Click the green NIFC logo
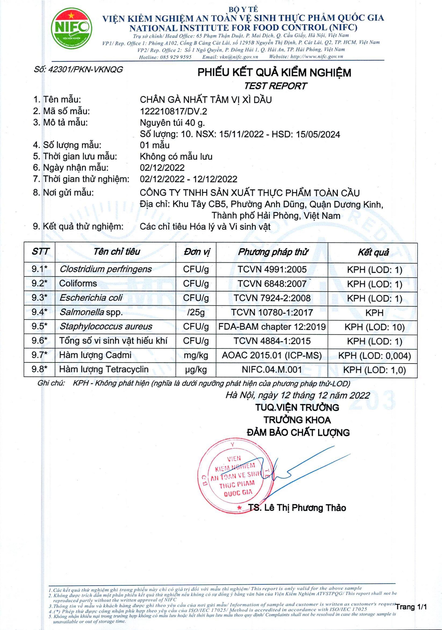click(x=71, y=29)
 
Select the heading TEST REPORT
click(x=275, y=86)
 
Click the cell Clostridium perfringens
click(x=106, y=269)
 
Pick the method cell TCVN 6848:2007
click(x=272, y=284)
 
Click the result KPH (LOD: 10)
click(x=374, y=327)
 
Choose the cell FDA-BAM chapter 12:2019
click(x=272, y=327)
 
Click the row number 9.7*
click(x=39, y=355)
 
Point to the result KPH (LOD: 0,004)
click(x=374, y=356)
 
